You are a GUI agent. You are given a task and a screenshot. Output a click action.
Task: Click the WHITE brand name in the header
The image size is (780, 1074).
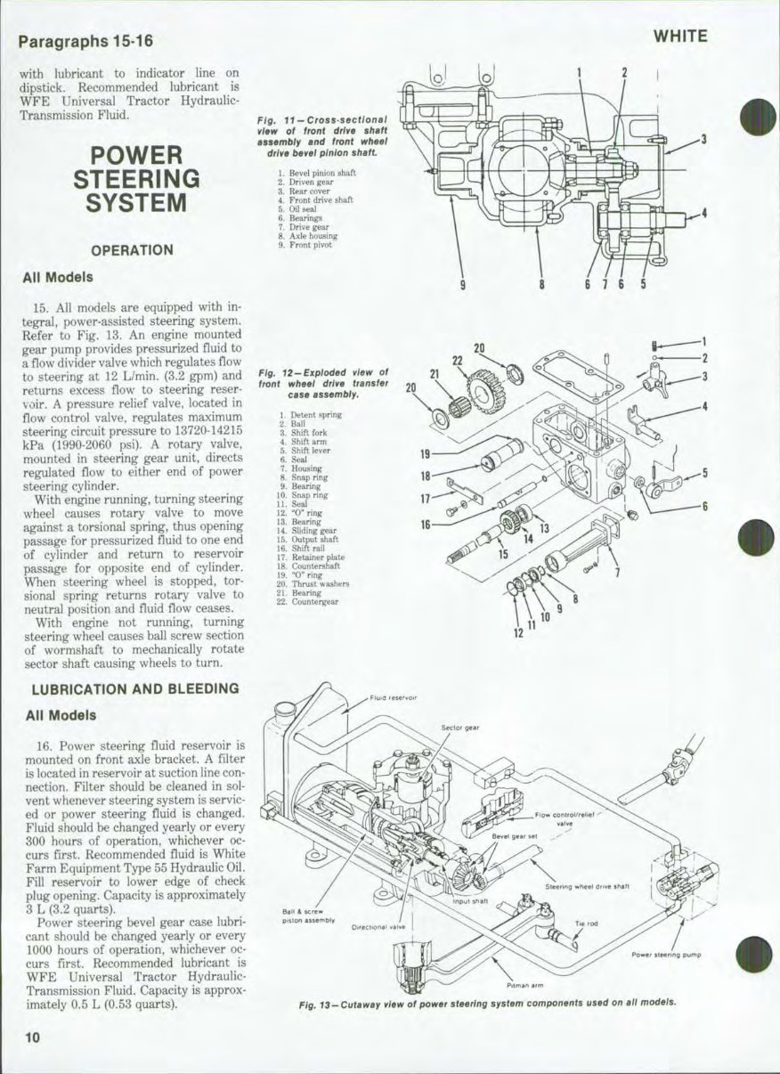680,37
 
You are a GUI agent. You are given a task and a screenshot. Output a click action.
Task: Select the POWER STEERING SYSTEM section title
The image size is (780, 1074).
136,179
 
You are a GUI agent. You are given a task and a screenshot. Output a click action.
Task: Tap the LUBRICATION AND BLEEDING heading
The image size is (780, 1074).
135,688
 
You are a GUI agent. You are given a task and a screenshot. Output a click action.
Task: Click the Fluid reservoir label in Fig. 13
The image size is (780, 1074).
394,698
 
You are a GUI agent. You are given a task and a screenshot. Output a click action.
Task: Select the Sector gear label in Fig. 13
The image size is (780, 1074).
460,728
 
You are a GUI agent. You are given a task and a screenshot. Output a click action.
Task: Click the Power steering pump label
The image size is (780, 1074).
666,955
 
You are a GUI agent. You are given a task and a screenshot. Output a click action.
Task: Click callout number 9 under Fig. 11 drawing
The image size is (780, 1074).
462,285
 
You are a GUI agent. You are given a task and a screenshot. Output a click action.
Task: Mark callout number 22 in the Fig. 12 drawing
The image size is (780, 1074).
458,360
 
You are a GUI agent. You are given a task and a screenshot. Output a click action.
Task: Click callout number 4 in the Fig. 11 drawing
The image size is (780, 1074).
703,213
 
